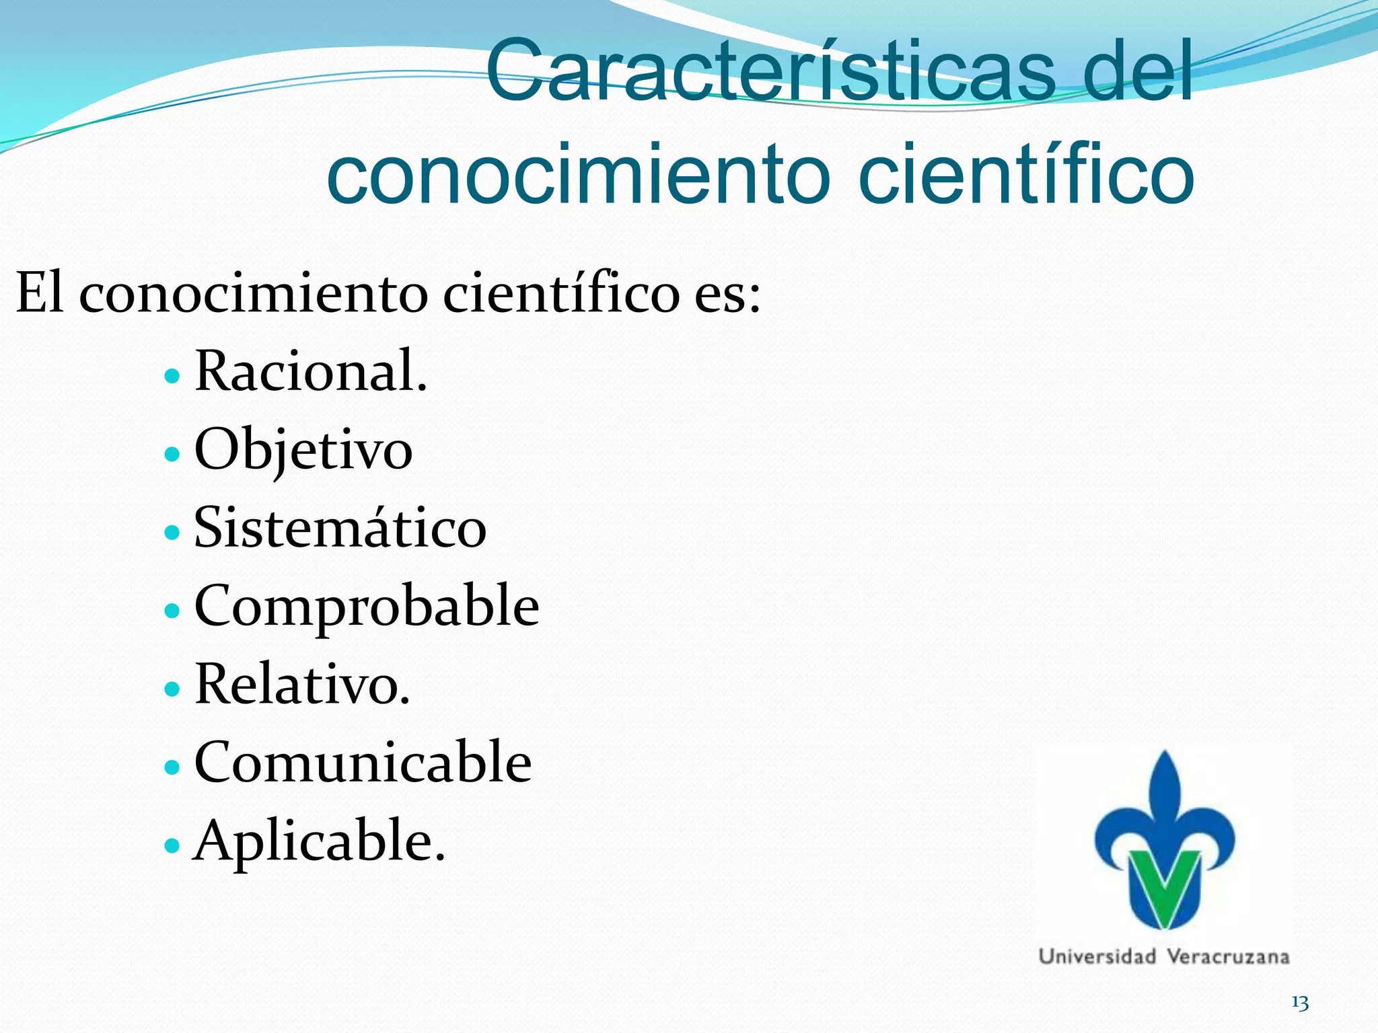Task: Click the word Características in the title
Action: pyautogui.click(x=770, y=71)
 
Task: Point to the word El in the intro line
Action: pyautogui.click(x=40, y=293)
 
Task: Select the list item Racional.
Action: pyautogui.click(x=310, y=371)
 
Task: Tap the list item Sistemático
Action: pyautogui.click(x=340, y=527)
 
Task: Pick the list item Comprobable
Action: pyautogui.click(x=367, y=606)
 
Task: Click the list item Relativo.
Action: pyautogui.click(x=302, y=684)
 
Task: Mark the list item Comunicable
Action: pyautogui.click(x=363, y=762)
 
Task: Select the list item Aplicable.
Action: pyautogui.click(x=319, y=841)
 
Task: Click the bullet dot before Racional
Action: pyautogui.click(x=173, y=376)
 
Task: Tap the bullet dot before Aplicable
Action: pyautogui.click(x=173, y=845)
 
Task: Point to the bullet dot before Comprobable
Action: pyautogui.click(x=173, y=611)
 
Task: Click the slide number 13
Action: pyautogui.click(x=1300, y=1003)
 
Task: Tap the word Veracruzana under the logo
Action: pyautogui.click(x=1228, y=957)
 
